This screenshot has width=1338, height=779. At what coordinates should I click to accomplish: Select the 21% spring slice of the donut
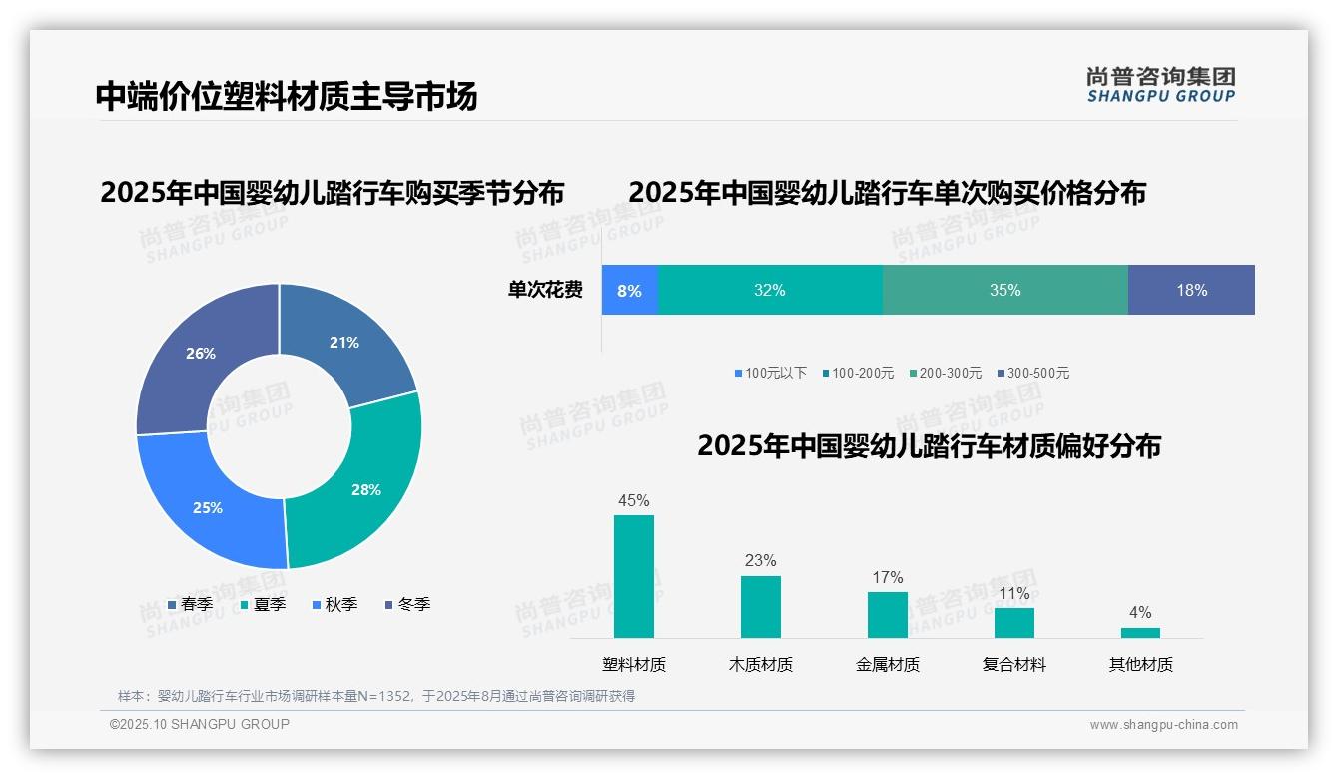tap(344, 342)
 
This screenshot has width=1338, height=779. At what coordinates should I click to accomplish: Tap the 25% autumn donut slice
tap(207, 507)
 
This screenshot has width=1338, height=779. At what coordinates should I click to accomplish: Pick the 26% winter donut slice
tap(200, 354)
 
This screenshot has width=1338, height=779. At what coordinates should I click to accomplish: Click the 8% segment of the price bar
tap(629, 291)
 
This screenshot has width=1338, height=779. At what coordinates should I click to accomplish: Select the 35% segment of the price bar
tap(1004, 291)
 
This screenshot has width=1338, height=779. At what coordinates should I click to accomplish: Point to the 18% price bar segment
tap(1191, 291)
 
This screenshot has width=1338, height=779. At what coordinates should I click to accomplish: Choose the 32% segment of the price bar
tap(769, 291)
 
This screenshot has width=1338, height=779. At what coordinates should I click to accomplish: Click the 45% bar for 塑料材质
tap(634, 576)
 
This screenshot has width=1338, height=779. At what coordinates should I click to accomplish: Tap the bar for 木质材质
tap(760, 606)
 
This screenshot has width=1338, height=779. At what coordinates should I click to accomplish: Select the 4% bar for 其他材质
tap(1140, 632)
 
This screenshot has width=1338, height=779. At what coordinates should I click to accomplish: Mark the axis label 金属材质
tap(887, 665)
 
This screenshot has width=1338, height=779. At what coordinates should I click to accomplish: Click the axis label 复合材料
tap(1013, 665)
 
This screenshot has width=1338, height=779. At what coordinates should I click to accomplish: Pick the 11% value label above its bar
tap(1013, 594)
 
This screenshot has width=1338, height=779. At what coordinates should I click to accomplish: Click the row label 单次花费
tap(545, 291)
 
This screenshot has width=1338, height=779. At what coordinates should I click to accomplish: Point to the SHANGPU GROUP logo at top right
tap(1160, 84)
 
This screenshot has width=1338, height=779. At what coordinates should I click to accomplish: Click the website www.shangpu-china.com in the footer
tap(1163, 725)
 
